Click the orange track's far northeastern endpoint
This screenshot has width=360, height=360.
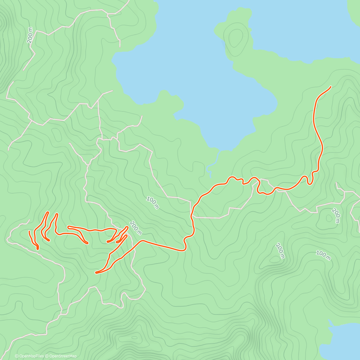330,87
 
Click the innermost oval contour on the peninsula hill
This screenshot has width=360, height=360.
236,37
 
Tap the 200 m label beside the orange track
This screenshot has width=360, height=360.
136,228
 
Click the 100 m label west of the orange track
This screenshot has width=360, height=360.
153,202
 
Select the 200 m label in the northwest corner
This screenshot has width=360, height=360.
30,35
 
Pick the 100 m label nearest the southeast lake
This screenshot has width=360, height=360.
323,255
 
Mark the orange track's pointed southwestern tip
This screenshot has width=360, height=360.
96,272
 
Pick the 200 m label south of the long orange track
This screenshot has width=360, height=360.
280,251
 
